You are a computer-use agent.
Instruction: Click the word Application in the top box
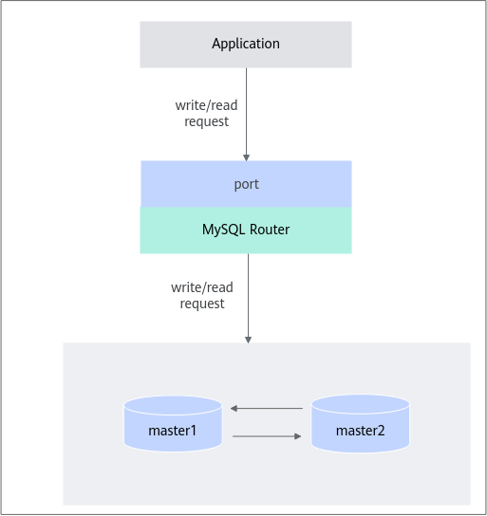246,44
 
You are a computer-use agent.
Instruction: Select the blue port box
246,184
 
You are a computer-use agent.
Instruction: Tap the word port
246,185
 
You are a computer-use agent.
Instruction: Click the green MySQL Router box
246,230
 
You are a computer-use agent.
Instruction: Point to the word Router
270,230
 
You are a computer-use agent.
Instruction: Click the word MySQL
224,230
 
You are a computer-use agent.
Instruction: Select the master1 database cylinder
173,424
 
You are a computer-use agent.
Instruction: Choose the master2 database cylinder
360,424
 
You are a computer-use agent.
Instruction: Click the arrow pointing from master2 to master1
267,409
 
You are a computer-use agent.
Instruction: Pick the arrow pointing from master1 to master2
267,436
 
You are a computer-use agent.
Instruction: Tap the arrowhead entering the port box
246,157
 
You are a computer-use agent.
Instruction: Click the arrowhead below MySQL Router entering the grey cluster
249,340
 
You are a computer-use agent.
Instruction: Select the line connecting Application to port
246,114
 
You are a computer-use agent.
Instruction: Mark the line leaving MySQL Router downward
249,299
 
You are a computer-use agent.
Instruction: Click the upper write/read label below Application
206,105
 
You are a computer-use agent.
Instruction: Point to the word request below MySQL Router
202,304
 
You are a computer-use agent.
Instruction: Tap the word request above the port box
206,121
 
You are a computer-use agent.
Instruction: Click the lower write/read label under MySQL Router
202,287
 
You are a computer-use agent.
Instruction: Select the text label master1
172,431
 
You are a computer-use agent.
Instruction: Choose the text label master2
360,431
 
